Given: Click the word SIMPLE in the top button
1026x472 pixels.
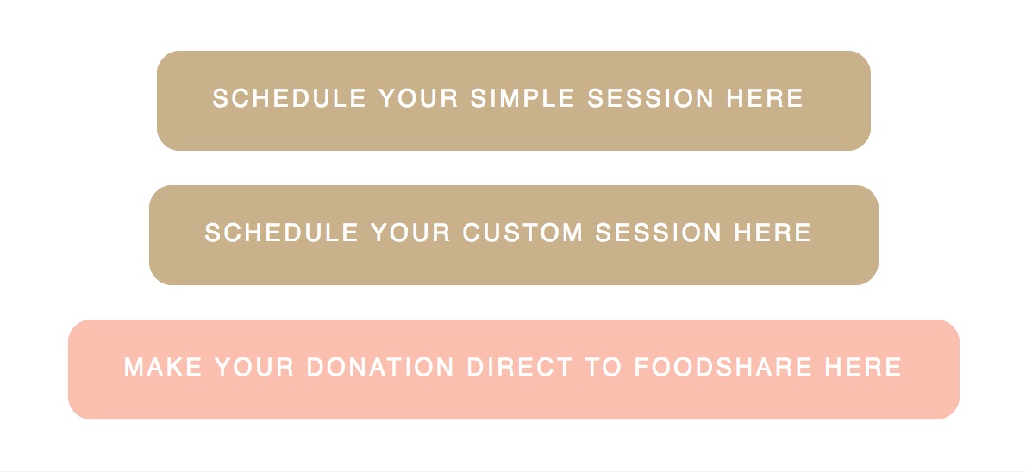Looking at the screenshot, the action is [x=522, y=98].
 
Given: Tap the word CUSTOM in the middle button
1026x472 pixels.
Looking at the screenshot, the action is [x=522, y=233].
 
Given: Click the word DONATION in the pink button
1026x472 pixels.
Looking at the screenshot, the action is [x=380, y=367].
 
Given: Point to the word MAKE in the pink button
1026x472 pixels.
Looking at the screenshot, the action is [x=163, y=367].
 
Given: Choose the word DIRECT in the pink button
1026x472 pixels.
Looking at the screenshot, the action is [x=520, y=367].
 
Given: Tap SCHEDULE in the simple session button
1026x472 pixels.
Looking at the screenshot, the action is [x=289, y=98].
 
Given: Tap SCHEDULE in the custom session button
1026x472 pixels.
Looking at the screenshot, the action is [x=281, y=233].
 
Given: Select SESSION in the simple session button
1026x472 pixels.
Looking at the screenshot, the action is [x=650, y=98].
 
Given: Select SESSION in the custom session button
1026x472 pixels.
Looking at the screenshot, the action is [x=658, y=233].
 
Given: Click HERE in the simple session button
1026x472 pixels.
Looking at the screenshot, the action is [x=765, y=98].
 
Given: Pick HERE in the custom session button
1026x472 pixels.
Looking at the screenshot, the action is [x=773, y=233].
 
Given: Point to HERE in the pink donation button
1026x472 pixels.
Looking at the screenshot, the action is [x=863, y=367].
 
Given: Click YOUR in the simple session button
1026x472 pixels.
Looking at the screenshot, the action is [x=418, y=98].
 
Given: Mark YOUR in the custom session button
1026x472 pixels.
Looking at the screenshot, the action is [x=410, y=233].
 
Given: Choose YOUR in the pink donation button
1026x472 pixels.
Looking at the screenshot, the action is [x=254, y=367].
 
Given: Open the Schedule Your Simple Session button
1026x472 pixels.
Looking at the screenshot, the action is [x=514, y=101].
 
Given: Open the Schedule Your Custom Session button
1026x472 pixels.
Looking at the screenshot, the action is [x=514, y=235].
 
